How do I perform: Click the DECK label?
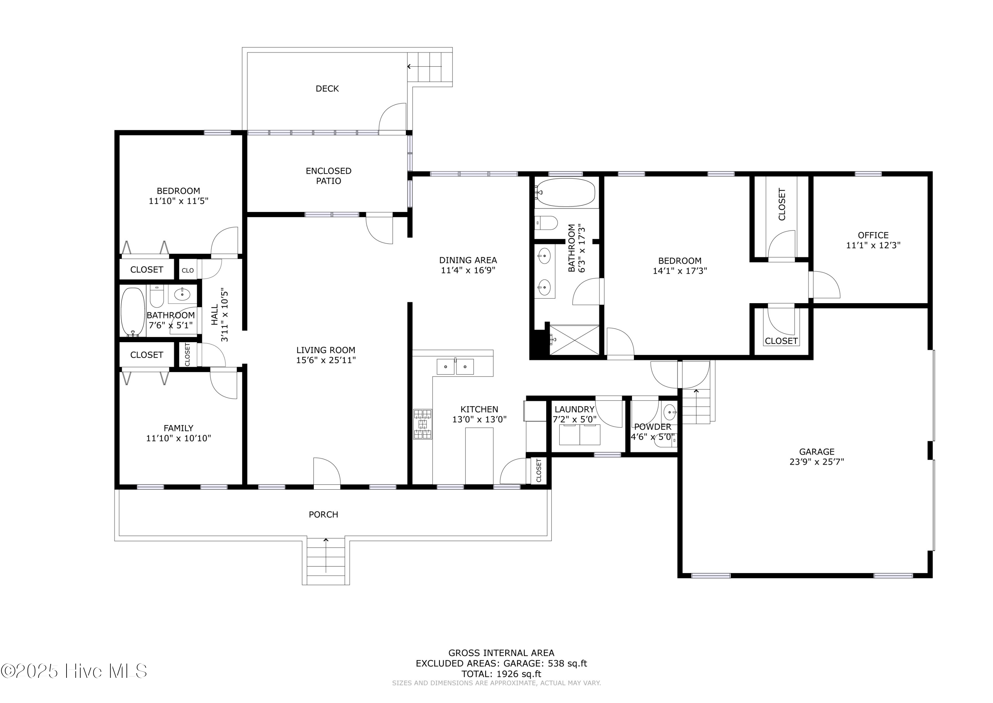327,89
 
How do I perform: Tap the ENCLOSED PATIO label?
329,176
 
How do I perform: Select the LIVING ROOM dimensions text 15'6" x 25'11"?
326,360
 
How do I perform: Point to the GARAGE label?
817,452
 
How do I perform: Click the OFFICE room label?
873,236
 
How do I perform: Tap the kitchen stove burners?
423,424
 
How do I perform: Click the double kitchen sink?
455,367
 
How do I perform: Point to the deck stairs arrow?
424,67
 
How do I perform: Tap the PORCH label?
323,515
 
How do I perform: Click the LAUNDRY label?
574,409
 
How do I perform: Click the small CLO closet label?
188,271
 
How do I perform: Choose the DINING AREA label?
468,260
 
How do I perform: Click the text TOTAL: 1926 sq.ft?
501,674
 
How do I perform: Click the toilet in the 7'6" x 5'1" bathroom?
157,296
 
